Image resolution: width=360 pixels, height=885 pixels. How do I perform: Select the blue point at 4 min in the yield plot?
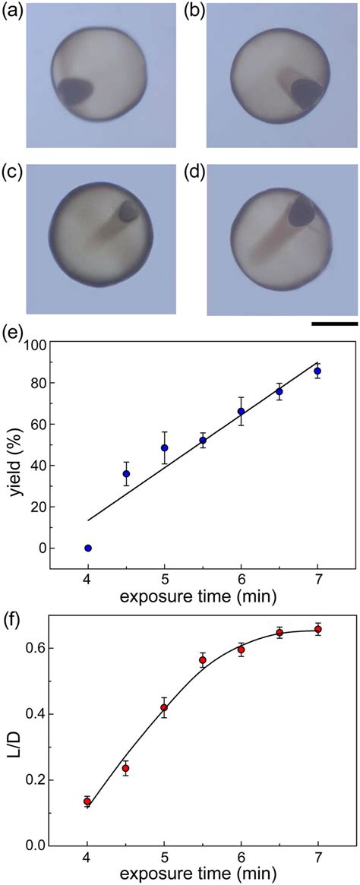point(88,548)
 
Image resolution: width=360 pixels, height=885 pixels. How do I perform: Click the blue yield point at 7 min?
point(317,371)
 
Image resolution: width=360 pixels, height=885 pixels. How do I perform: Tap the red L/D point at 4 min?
point(88,801)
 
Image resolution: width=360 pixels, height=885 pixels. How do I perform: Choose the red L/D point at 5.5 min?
point(203,660)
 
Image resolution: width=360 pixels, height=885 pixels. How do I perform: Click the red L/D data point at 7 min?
point(317,629)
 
